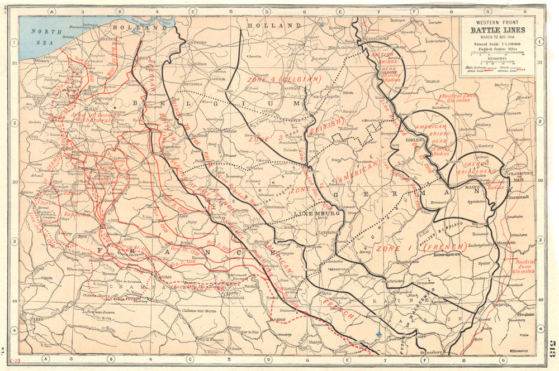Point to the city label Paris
pyautogui.click(x=37, y=320)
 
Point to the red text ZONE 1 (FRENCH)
pyautogui.click(x=421, y=247)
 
